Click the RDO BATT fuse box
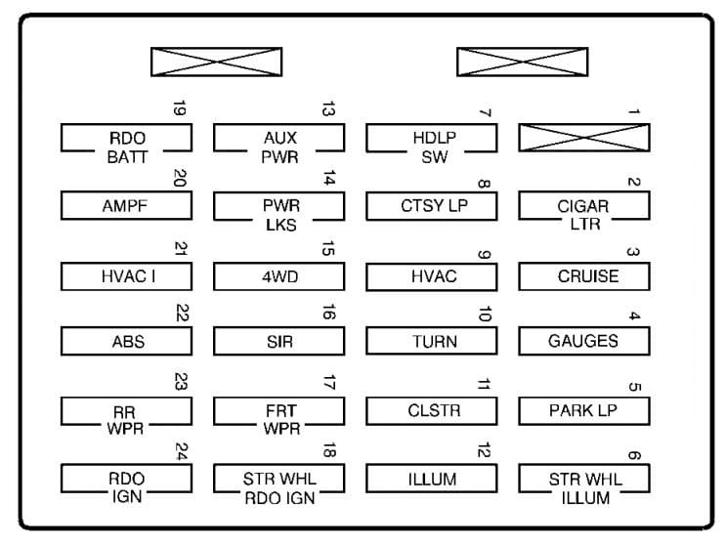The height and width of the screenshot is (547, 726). click(126, 138)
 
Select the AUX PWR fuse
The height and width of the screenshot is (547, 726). click(279, 138)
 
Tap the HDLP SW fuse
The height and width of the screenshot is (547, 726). click(432, 138)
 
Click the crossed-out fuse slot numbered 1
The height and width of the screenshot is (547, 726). click(584, 138)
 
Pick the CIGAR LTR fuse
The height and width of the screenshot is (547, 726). click(584, 206)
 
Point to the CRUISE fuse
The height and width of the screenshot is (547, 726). click(584, 276)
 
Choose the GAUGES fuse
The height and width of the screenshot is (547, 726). click(584, 341)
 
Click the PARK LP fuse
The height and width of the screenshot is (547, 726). click(584, 410)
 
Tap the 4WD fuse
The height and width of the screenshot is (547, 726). click(279, 276)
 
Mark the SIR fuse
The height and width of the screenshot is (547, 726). click(279, 341)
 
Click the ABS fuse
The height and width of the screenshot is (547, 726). click(126, 341)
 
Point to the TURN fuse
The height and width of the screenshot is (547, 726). click(432, 341)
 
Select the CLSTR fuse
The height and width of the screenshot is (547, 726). click(432, 410)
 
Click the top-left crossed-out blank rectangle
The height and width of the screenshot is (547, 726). click(217, 62)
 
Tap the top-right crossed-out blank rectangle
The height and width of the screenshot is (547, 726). click(523, 62)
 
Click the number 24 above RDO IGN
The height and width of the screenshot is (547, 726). click(182, 451)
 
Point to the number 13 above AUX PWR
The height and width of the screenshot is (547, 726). click(328, 108)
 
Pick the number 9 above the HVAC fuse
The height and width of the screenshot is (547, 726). click(484, 255)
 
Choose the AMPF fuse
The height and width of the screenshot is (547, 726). click(126, 205)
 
